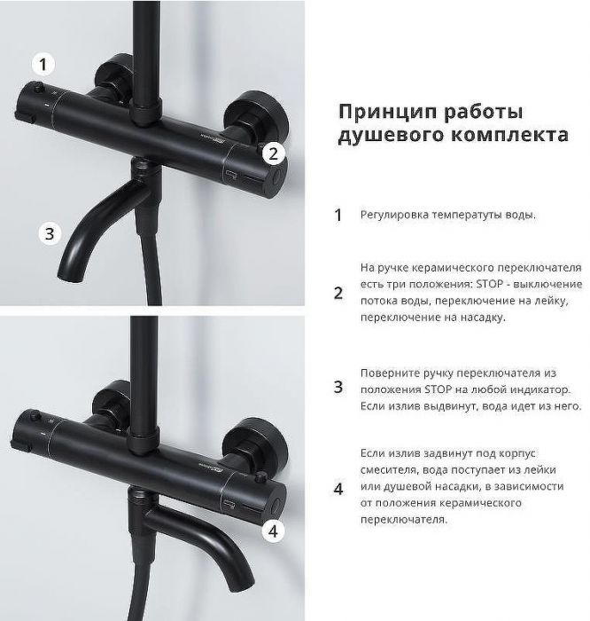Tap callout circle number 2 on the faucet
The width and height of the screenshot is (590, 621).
[274, 153]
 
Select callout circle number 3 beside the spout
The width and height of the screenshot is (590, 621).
[50, 234]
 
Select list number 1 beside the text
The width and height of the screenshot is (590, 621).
[338, 216]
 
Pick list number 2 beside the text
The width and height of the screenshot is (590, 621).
[338, 293]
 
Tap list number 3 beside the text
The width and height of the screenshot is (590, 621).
[338, 387]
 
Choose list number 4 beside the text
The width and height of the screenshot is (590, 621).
[338, 487]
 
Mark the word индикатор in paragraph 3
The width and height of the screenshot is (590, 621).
[540, 389]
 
